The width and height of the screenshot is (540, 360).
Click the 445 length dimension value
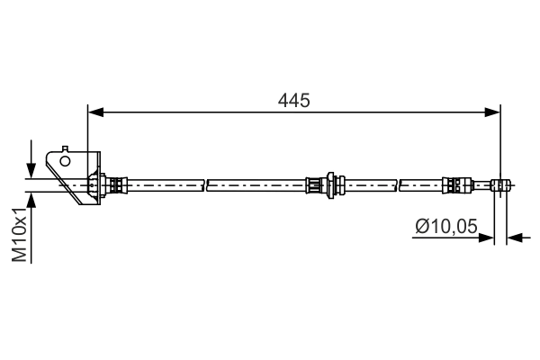[x=293, y=101]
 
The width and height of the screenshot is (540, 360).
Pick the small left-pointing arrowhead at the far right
[x=515, y=238]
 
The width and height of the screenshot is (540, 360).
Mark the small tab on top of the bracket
[x=64, y=147]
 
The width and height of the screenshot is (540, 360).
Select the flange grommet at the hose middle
[x=332, y=185]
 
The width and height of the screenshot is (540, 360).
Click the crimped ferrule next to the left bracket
[x=114, y=186]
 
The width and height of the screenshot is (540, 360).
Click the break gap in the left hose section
[x=205, y=186]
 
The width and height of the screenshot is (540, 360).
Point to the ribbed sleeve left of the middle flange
[x=315, y=186]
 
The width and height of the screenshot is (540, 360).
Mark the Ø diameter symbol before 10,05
[x=421, y=228]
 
